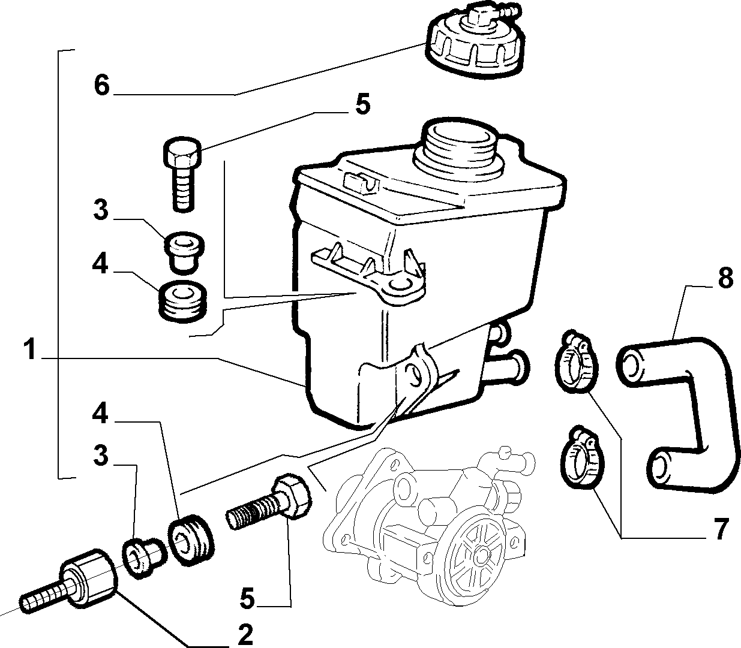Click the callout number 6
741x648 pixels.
[102, 85]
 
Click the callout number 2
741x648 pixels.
[245, 634]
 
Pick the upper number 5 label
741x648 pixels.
[362, 104]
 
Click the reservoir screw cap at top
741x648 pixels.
[475, 41]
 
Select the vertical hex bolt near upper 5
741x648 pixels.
[183, 173]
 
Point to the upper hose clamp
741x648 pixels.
[576, 361]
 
